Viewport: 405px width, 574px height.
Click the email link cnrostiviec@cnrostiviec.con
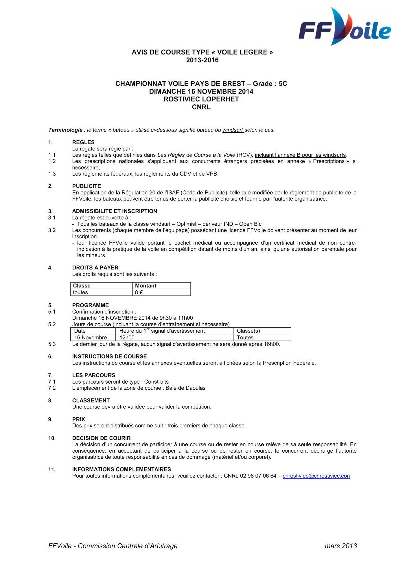[316, 476]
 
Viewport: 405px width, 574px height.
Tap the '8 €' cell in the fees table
[139, 292]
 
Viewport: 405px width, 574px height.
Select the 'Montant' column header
[146, 286]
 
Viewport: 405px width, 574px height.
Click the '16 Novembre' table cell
[91, 338]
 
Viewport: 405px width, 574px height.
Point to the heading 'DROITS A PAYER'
[95, 268]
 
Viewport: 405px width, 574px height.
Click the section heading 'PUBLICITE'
[86, 186]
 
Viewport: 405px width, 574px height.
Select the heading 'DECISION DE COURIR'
[101, 438]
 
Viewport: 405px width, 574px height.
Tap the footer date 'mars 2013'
[340, 546]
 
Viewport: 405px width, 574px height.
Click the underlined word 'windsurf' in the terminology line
[233, 130]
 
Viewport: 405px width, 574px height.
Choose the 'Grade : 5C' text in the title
[270, 84]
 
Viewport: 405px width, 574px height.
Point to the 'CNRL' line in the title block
[201, 107]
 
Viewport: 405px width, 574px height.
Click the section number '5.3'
[52, 344]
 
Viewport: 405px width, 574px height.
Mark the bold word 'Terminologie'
[65, 130]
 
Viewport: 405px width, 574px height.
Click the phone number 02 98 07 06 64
[258, 476]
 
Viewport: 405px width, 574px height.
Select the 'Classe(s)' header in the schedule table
[248, 331]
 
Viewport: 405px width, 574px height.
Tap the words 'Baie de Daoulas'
[185, 388]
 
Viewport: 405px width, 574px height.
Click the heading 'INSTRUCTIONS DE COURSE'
[109, 356]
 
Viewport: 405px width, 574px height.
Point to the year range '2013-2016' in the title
[202, 60]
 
